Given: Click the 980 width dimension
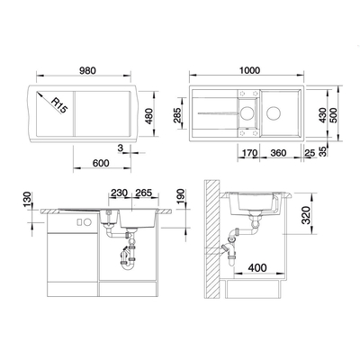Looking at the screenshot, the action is tap(87, 70).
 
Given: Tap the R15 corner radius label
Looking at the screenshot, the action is tap(58, 105).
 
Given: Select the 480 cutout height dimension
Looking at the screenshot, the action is tap(148, 115).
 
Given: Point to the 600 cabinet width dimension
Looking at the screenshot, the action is tap(101, 163).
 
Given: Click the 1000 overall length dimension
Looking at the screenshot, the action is tap(249, 70).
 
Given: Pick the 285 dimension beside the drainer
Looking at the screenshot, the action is tap(177, 115).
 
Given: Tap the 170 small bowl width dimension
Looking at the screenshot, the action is tap(249, 153).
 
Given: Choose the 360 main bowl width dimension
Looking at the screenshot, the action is tap(278, 153).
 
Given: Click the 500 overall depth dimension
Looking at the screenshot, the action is tap(333, 115).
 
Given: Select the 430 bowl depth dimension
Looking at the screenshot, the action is tap(322, 115).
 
